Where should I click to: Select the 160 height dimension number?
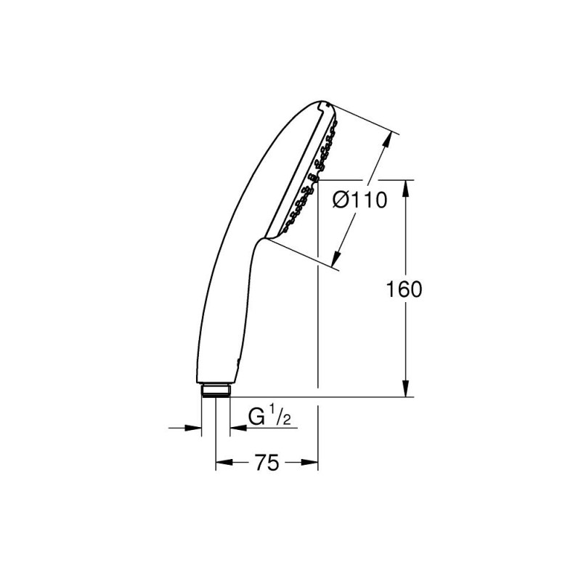pyautogui.click(x=404, y=290)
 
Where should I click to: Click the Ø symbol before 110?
pyautogui.click(x=341, y=201)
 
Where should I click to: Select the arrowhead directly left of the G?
pyautogui.click(x=236, y=428)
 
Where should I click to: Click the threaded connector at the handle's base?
pyautogui.click(x=214, y=389)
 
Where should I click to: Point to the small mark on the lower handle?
pyautogui.click(x=236, y=361)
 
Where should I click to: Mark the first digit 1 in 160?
pyautogui.click(x=392, y=290)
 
